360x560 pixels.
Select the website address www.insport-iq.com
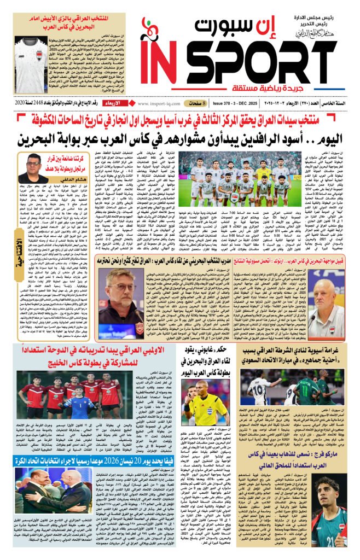click(x=161, y=103)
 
